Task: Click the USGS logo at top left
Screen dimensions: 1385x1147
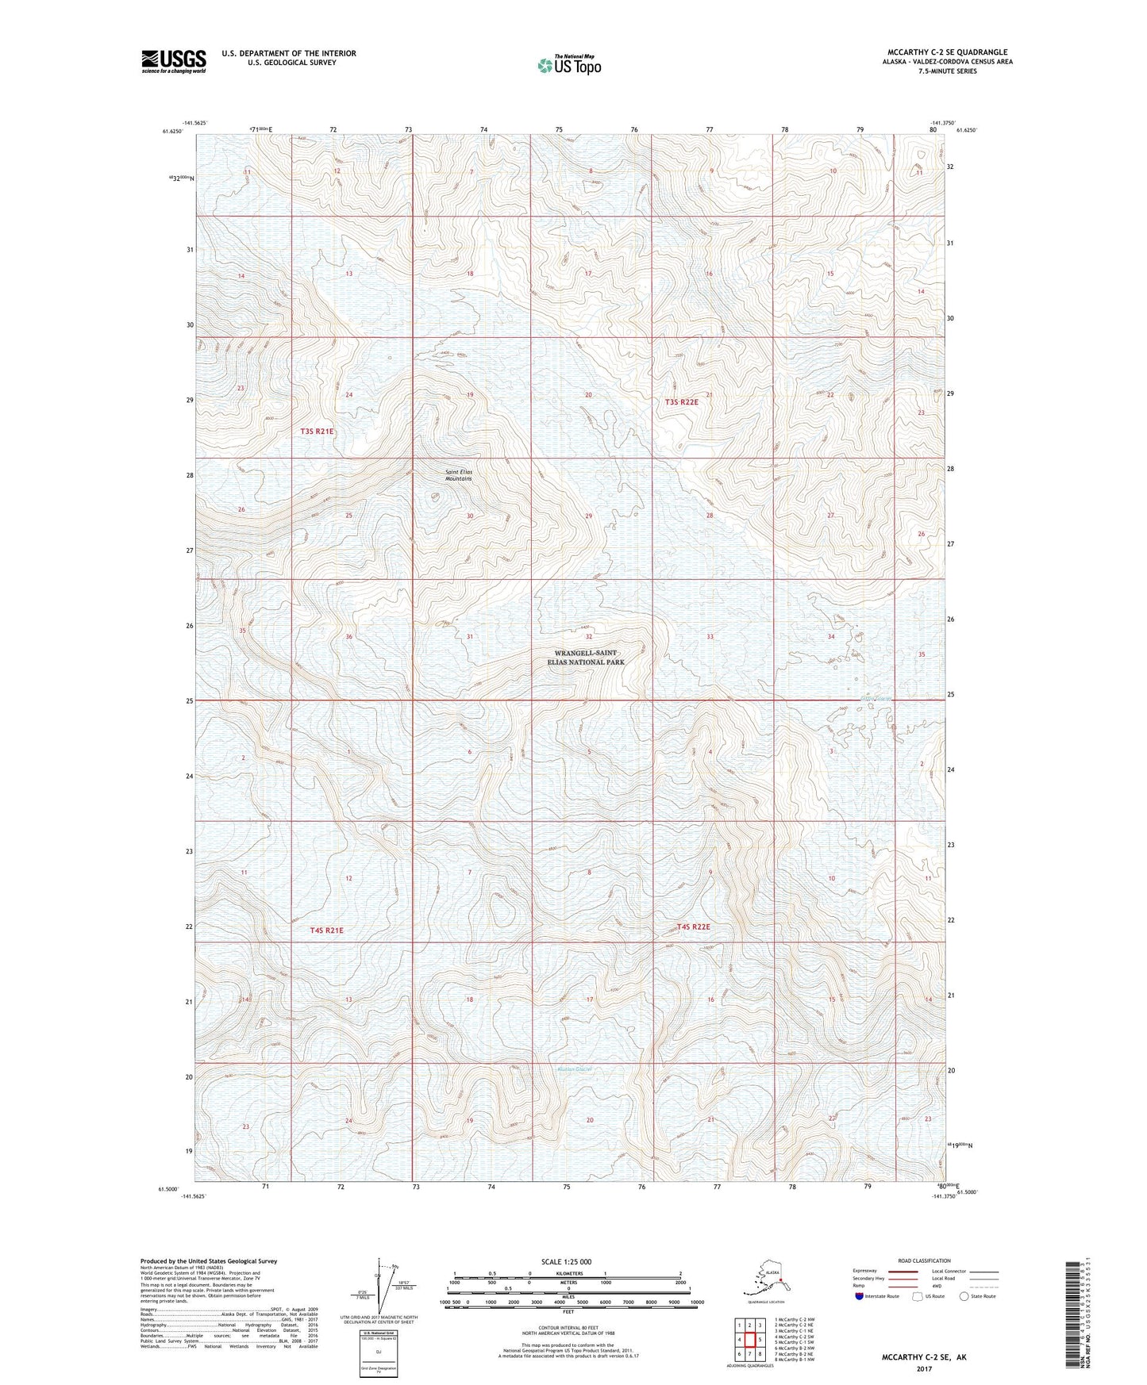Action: pos(173,61)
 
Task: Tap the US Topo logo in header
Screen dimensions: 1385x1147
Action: pos(568,65)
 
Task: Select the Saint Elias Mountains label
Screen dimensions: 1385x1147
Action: pos(458,475)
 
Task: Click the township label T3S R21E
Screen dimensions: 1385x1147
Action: pos(317,432)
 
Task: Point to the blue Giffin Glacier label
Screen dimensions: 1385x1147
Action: pos(877,699)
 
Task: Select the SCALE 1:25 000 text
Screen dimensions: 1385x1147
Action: pos(567,1261)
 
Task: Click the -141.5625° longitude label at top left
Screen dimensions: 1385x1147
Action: pos(194,123)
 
